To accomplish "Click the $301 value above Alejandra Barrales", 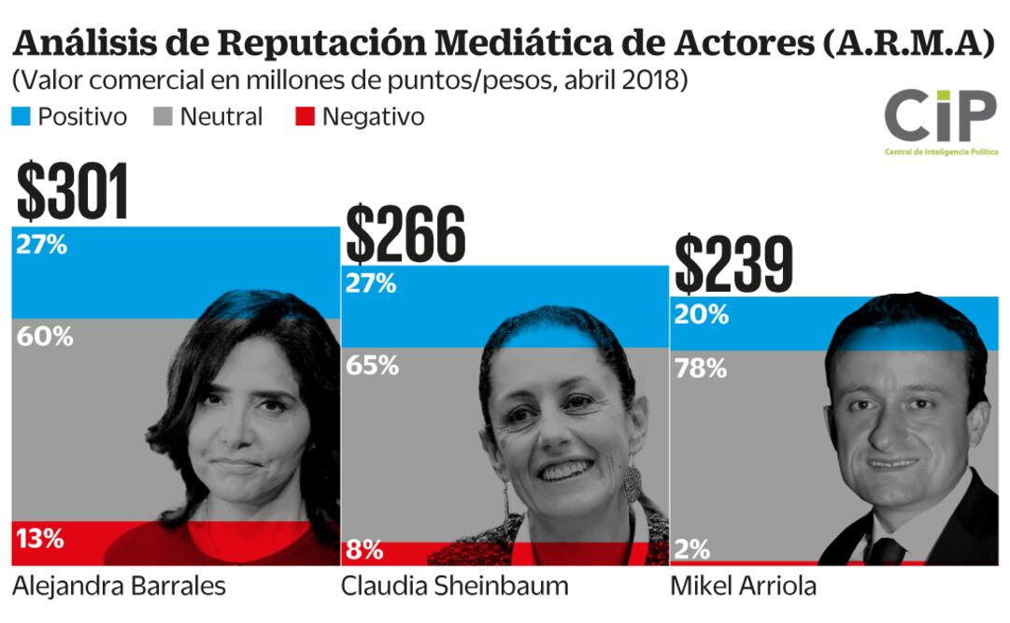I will click(73, 193).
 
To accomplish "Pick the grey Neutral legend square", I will click(164, 117).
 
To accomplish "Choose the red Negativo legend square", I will click(305, 117).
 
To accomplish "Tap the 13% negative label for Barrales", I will click(40, 539).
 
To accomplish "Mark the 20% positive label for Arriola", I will click(701, 315).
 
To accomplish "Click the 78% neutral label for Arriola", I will click(700, 369).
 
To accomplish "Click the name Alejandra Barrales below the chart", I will click(120, 587).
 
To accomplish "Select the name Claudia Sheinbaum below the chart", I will click(454, 587).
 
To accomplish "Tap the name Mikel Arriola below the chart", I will click(744, 587).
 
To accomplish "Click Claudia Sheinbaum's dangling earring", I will click(633, 484).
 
